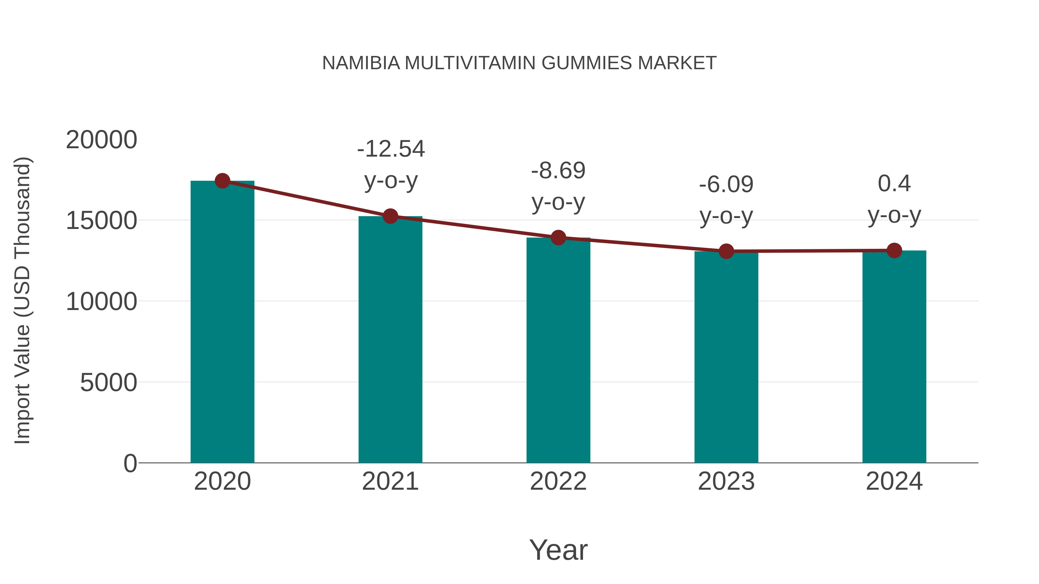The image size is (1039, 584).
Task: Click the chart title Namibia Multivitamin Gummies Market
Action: tap(519, 63)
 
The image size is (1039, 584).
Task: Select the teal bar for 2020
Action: tap(222, 322)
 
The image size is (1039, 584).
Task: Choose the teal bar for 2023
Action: tap(726, 358)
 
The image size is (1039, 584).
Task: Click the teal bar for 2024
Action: tap(894, 357)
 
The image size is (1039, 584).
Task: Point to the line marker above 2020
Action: tap(222, 181)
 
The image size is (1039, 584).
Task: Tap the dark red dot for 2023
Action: tap(726, 251)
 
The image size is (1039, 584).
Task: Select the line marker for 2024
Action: tap(894, 251)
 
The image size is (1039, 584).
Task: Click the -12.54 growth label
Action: tap(391, 149)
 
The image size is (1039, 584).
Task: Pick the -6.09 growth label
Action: tap(726, 185)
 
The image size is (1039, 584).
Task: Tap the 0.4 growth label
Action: tap(894, 184)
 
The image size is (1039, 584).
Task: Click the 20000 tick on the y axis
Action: tap(102, 140)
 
